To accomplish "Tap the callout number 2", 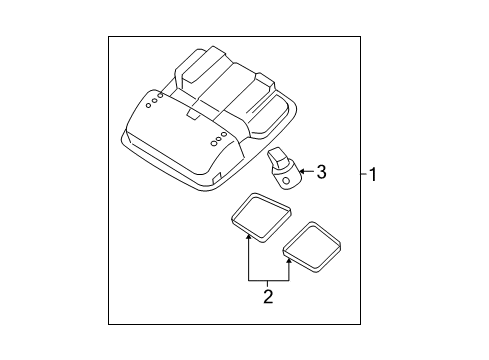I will point(268,296).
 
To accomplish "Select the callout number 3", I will point(321,172).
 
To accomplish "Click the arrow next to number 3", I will point(304,172).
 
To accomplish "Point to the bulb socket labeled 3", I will point(283,165).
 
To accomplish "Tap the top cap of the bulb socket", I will point(278,151).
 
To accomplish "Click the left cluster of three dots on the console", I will point(152,99).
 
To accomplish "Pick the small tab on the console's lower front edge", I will point(217,178).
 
